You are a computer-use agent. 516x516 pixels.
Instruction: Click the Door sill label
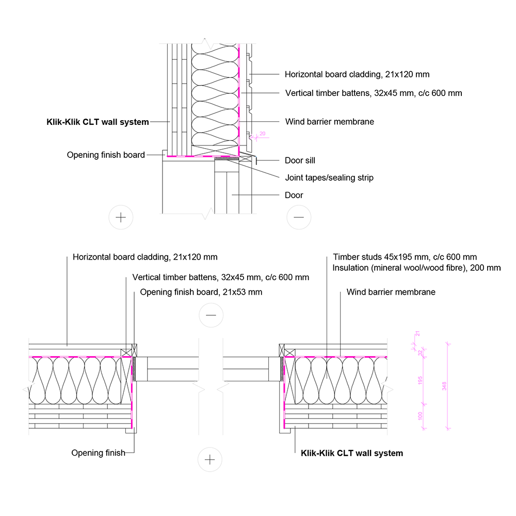tap(300, 160)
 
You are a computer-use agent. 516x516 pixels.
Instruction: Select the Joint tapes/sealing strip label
tap(329, 178)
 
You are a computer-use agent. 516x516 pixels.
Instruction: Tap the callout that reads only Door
tap(294, 195)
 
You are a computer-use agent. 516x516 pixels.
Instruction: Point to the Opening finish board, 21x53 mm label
tap(201, 292)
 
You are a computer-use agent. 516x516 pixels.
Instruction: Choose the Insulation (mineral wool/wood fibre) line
tap(416, 268)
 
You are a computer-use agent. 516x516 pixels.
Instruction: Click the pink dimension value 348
tap(444, 386)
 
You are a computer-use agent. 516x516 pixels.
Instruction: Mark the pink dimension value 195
tap(420, 381)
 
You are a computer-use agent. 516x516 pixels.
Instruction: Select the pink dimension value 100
tap(420, 415)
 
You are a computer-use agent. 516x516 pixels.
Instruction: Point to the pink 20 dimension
tap(262, 133)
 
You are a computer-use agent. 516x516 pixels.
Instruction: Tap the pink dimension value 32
tap(420, 352)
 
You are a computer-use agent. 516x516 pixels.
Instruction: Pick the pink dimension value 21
tap(417, 334)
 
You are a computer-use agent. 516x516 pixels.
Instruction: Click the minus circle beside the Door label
tap(299, 217)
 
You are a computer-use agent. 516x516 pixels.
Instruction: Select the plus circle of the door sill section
tap(121, 217)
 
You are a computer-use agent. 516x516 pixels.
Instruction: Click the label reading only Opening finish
tap(98, 453)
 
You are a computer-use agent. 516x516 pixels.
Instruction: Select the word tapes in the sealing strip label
tap(317, 178)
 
